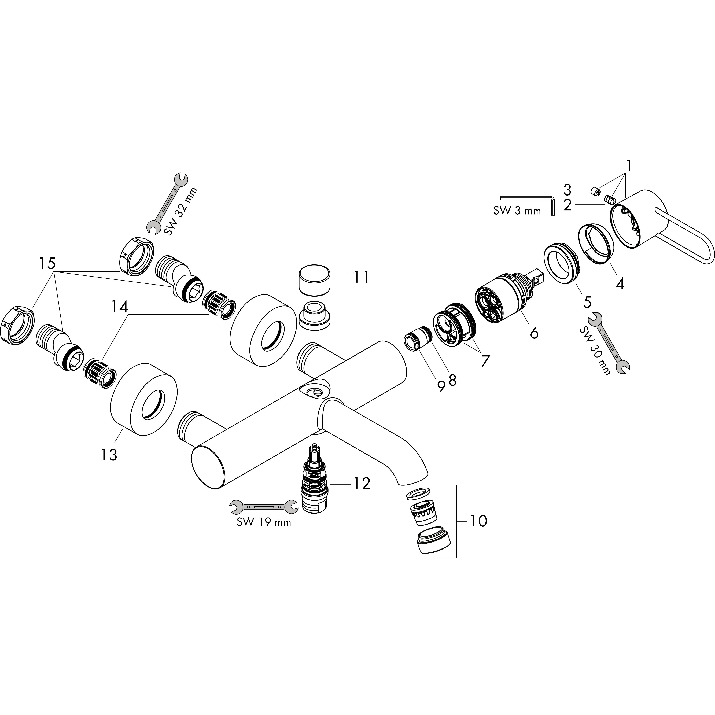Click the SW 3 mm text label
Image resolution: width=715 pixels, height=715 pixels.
(x=517, y=211)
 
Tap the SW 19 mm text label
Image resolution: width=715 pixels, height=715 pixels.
(x=264, y=522)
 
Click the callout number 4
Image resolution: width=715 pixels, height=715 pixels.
(x=620, y=283)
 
